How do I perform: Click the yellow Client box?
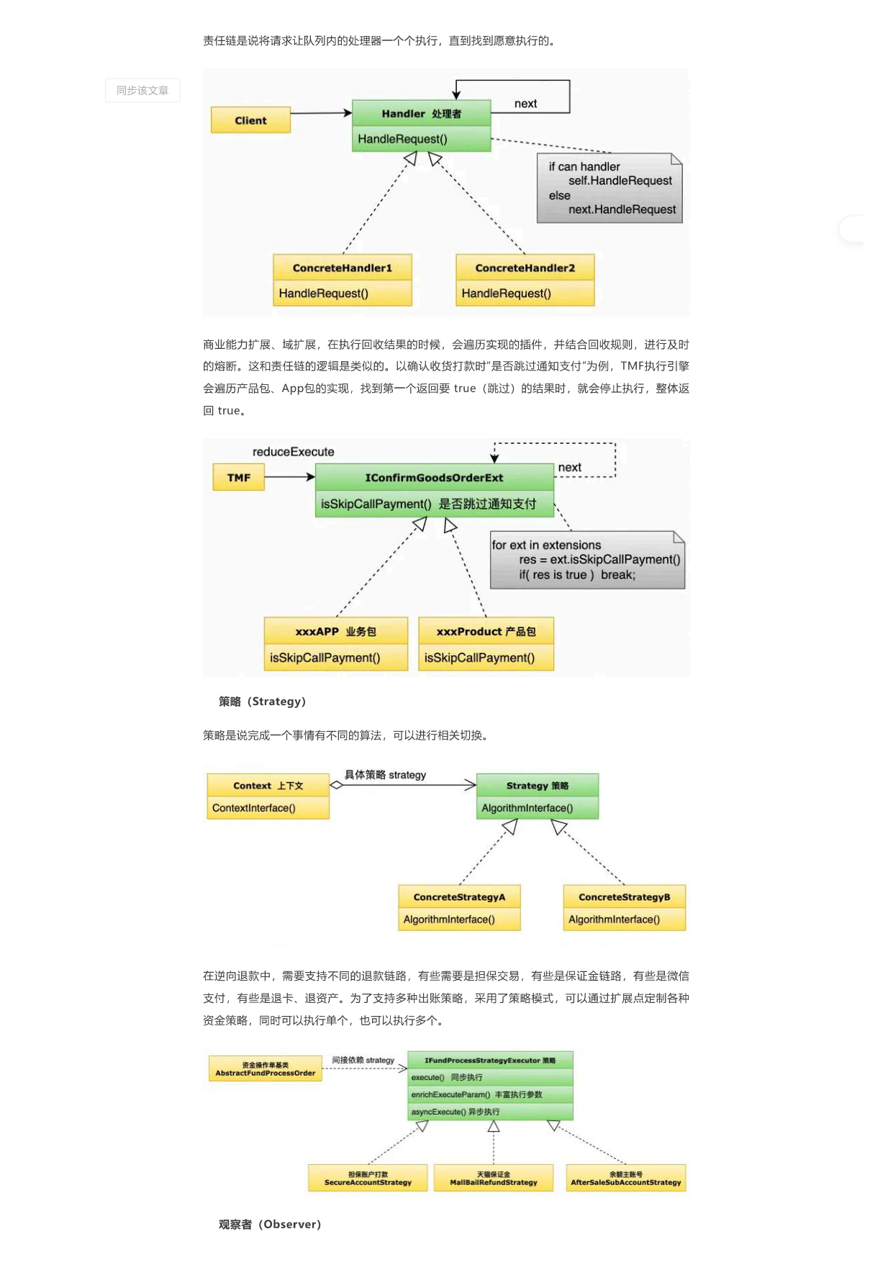250,120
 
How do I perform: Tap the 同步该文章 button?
142,91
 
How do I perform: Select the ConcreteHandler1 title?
343,268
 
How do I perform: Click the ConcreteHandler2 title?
525,268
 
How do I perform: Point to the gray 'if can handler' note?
609,188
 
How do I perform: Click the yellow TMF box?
239,478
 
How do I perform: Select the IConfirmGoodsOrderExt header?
434,478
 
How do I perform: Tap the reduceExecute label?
293,452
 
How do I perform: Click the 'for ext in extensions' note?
587,560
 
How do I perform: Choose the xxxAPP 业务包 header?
336,631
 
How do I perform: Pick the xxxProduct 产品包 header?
486,631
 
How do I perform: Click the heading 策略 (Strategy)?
262,702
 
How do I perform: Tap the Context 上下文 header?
268,786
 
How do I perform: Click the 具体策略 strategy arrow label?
385,775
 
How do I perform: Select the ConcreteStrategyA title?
459,897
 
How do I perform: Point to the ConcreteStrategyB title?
625,897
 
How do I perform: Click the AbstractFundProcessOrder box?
266,1069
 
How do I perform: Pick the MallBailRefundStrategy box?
494,1178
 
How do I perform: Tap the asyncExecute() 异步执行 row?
491,1112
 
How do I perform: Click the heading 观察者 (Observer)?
270,1225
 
